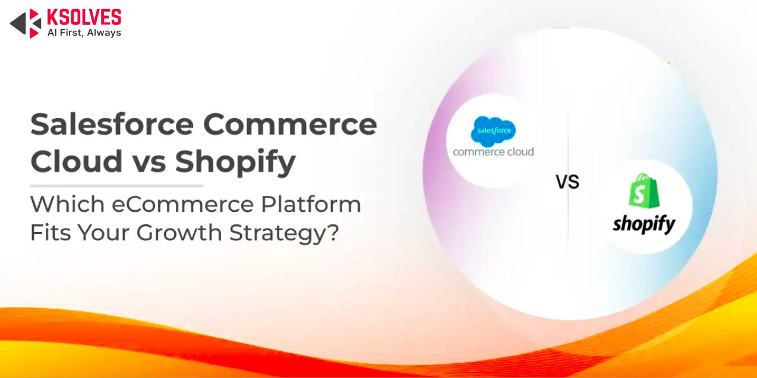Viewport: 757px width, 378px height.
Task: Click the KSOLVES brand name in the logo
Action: pos(84,17)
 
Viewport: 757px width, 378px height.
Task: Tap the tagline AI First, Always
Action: pos(84,33)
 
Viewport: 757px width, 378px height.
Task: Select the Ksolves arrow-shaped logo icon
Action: pos(26,24)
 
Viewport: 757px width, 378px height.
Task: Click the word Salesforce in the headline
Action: pos(112,124)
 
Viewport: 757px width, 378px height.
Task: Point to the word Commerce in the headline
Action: pos(290,124)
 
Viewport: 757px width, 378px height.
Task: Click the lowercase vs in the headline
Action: pos(149,164)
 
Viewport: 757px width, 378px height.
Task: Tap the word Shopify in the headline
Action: pos(235,163)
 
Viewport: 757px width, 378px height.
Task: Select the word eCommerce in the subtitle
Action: pos(182,205)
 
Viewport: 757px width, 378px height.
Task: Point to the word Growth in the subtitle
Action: pos(179,233)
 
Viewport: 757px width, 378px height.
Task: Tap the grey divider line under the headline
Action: pos(116,186)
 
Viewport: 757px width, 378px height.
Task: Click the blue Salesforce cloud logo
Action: pos(493,131)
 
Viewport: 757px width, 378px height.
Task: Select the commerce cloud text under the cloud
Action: pos(493,152)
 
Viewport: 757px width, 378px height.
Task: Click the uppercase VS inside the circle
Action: pos(567,182)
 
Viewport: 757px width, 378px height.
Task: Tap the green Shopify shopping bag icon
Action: pos(644,190)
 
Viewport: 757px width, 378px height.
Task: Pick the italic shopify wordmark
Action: pos(644,224)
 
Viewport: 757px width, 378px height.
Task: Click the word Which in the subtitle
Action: pos(67,205)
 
